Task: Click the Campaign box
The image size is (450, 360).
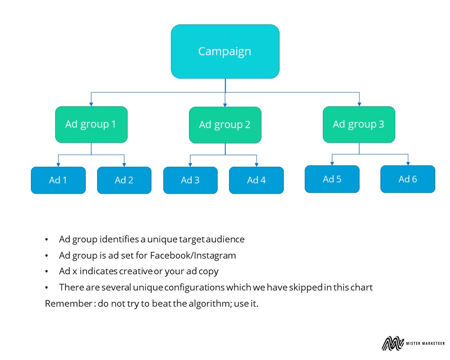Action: point(225,51)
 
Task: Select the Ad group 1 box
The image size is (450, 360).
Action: point(91,125)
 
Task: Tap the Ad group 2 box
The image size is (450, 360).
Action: point(225,125)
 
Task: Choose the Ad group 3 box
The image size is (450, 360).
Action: point(359,125)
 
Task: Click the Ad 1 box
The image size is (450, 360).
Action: point(58,180)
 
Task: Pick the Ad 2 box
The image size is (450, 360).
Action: point(124,180)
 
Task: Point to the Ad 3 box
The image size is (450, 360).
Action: point(190,180)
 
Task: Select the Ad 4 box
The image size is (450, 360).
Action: point(256,180)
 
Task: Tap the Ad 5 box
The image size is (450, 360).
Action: point(332,179)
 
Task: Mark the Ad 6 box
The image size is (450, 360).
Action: point(408,179)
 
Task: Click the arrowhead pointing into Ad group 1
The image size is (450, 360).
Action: point(91,104)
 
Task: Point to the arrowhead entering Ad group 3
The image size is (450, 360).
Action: point(360,104)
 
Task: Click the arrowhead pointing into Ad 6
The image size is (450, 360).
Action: point(408,163)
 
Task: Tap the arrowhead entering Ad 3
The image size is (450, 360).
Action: point(190,165)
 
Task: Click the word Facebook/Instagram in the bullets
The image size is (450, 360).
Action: point(193,255)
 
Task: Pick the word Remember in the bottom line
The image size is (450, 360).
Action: point(69,303)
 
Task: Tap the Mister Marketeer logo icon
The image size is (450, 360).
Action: point(392,343)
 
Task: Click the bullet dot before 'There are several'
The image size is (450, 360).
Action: point(47,287)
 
